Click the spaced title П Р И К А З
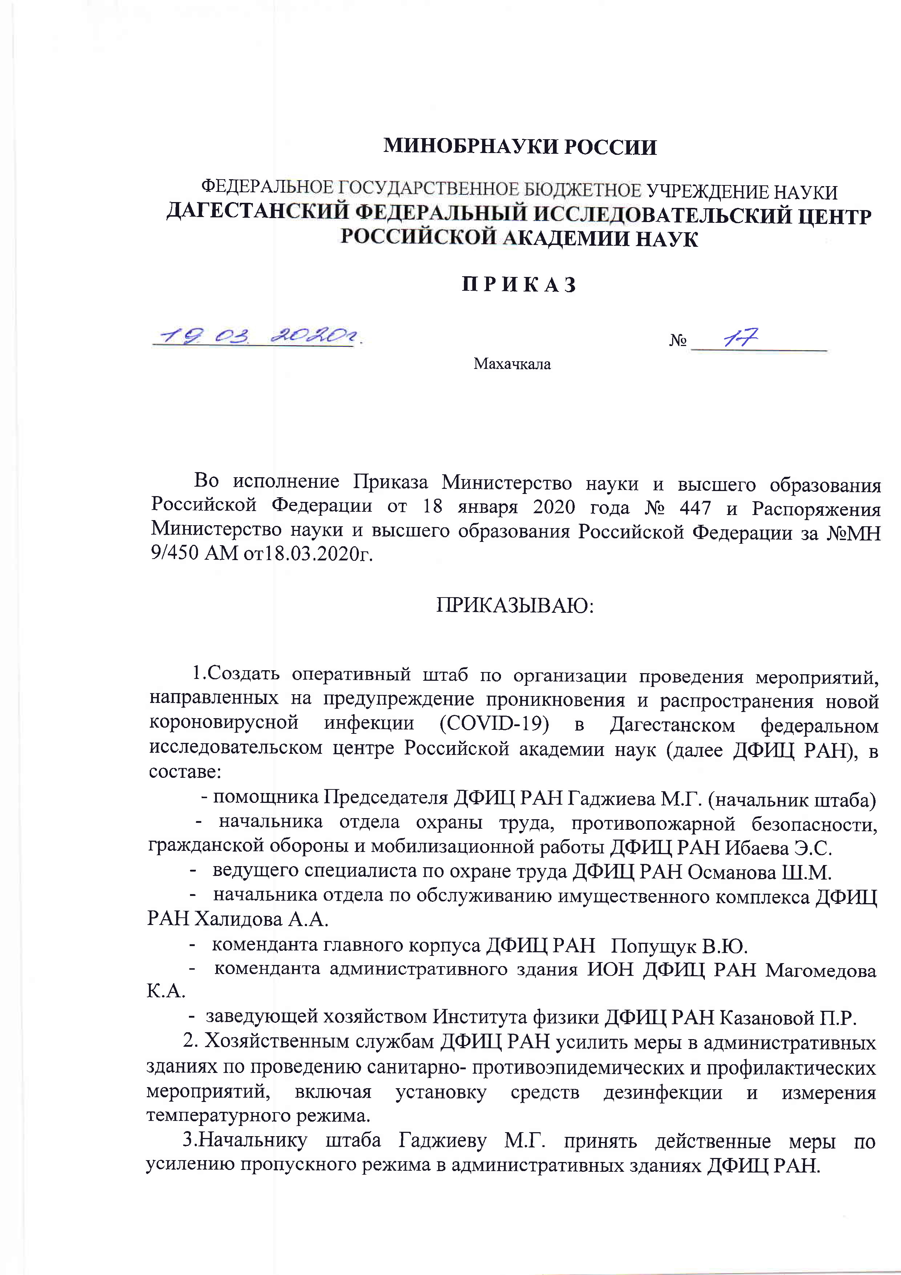(520, 285)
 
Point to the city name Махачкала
(512, 364)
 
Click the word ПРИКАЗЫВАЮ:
(514, 605)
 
